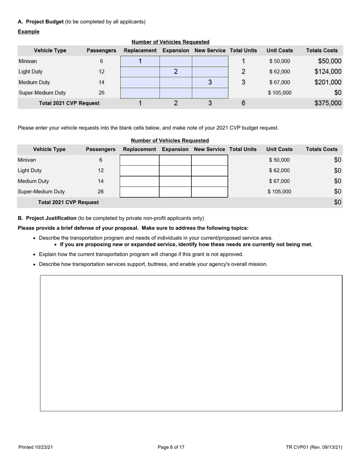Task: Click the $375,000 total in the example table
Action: pyautogui.click(x=328, y=103)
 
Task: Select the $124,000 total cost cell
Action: pyautogui.click(x=328, y=72)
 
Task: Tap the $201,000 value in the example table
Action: pyautogui.click(x=328, y=82)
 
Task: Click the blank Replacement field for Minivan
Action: pyautogui.click(x=139, y=160)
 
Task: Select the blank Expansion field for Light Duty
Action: pyautogui.click(x=175, y=170)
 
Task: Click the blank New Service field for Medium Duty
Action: pyautogui.click(x=210, y=181)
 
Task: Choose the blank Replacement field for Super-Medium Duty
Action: pyautogui.click(x=139, y=192)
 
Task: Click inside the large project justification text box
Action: pyautogui.click(x=191, y=343)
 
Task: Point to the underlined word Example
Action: pyautogui.click(x=28, y=31)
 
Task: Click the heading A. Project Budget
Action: pyautogui.click(x=41, y=22)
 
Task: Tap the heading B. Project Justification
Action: pyautogui.click(x=47, y=218)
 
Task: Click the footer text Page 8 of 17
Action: pyautogui.click(x=171, y=447)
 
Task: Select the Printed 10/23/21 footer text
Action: pyautogui.click(x=36, y=447)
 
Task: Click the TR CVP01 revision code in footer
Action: pyautogui.click(x=314, y=447)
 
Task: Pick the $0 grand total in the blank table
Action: pyautogui.click(x=338, y=202)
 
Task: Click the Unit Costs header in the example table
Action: pyautogui.click(x=280, y=50)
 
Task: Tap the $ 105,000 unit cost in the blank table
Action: pyautogui.click(x=279, y=192)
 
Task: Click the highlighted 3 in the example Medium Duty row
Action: pyautogui.click(x=210, y=82)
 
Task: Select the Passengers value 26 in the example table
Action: pyautogui.click(x=101, y=93)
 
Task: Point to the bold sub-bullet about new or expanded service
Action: pyautogui.click(x=186, y=244)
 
